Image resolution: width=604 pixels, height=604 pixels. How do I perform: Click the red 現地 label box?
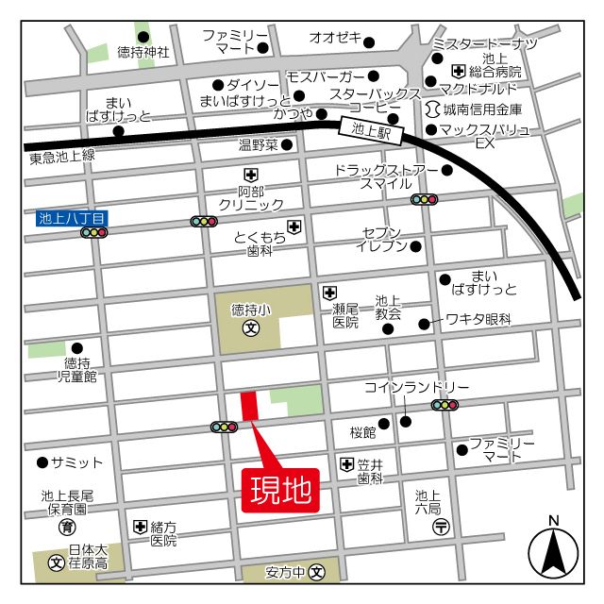click(280, 491)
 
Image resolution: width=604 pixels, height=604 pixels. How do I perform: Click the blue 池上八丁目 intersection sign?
click(73, 217)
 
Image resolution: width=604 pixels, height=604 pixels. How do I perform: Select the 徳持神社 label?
click(143, 53)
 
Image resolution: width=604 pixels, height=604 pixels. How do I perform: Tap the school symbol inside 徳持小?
click(251, 328)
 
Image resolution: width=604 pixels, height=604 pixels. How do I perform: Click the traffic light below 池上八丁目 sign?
click(93, 232)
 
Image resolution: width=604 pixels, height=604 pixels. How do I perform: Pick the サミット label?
click(76, 462)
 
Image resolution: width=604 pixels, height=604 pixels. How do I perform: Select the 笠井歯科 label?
click(370, 471)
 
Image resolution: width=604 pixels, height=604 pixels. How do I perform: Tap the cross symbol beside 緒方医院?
click(141, 527)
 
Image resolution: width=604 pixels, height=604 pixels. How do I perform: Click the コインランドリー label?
click(416, 388)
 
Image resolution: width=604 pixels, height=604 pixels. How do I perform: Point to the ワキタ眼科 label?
click(478, 320)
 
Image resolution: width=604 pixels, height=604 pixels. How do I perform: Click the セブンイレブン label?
click(381, 239)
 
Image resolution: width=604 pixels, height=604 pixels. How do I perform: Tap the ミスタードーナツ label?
click(484, 44)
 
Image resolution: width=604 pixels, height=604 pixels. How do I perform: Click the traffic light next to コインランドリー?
click(445, 405)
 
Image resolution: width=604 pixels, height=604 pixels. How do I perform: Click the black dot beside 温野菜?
click(287, 145)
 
